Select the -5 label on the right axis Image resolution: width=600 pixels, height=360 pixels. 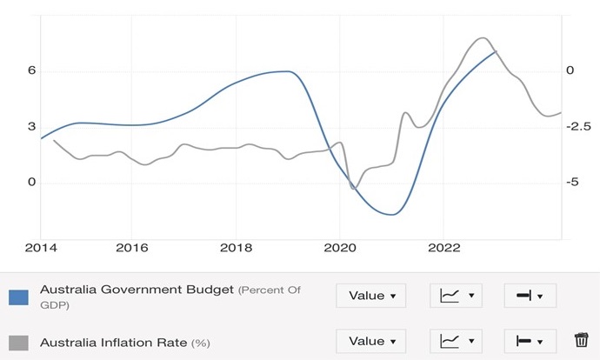pos(572,183)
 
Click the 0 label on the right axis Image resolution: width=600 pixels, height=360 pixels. pos(570,70)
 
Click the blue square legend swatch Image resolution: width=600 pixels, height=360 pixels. pos(19,297)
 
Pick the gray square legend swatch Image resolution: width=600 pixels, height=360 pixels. pos(19,342)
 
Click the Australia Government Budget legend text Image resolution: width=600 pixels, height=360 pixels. pos(137,290)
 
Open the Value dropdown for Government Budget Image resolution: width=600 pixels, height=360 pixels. pos(371,296)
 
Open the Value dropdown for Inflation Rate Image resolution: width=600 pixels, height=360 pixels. pos(371,341)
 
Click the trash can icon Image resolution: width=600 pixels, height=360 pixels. pos(582,341)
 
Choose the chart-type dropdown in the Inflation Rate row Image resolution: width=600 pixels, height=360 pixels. pos(456,341)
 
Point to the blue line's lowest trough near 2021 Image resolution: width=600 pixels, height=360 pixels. pos(394,214)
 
